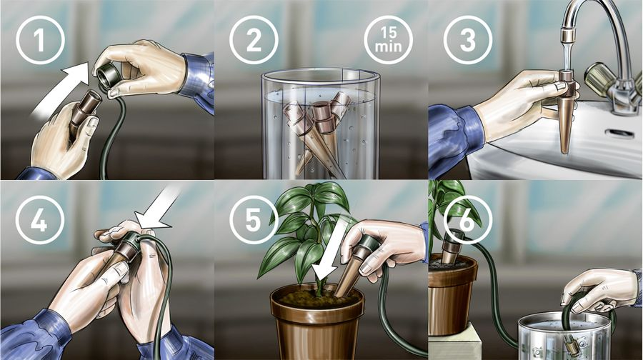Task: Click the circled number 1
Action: coord(40,40)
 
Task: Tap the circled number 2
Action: coord(254,40)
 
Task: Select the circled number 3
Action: coord(468,40)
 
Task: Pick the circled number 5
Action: coord(254,219)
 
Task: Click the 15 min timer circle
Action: coord(388,40)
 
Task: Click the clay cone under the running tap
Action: coord(566,111)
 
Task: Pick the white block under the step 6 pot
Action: coord(454,341)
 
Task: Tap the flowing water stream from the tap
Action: coord(567,56)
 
